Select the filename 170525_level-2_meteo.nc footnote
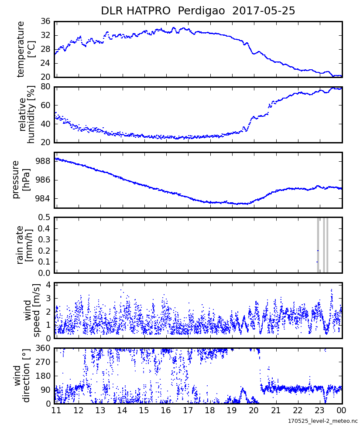[x=322, y=420]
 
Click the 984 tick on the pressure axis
[x=43, y=199]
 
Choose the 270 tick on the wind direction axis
[x=43, y=362]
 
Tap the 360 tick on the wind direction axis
[x=43, y=348]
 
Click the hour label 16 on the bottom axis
[x=165, y=411]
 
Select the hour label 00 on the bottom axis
[x=341, y=411]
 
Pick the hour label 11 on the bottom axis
[x=56, y=411]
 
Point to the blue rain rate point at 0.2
[x=318, y=251]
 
